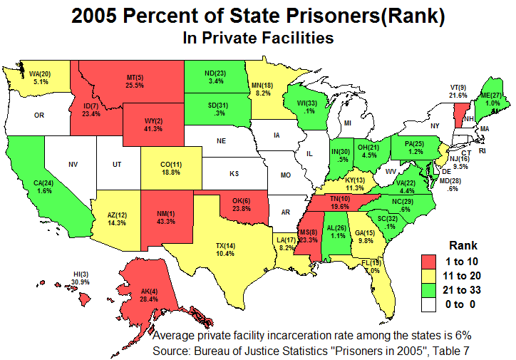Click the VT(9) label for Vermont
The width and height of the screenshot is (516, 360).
pos(458,87)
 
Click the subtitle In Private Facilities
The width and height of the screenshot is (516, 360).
pos(257,38)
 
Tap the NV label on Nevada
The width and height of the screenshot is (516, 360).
pos(73,165)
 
